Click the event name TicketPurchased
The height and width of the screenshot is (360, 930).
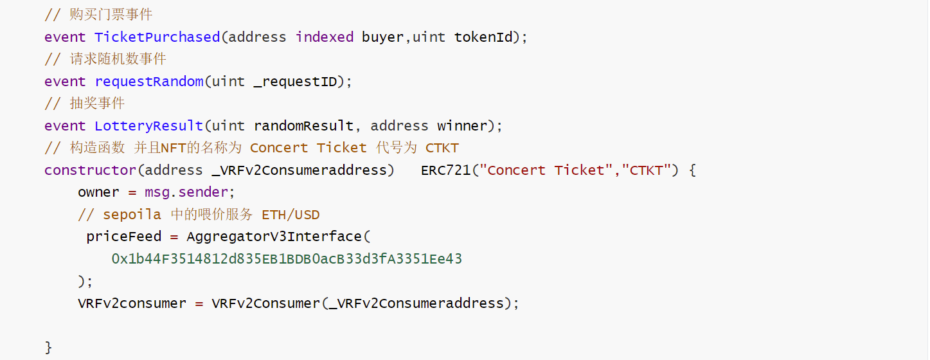[157, 37]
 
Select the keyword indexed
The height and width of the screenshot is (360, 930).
[324, 37]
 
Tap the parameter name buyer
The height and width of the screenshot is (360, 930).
[382, 37]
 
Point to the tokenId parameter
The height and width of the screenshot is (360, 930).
[483, 37]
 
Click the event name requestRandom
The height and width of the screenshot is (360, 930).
[148, 82]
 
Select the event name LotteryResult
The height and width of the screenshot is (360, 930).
[148, 126]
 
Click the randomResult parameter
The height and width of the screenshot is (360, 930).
[303, 126]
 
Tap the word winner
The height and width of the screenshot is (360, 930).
[462, 126]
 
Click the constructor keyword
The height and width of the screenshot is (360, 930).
[90, 170]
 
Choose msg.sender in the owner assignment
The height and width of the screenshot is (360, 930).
[186, 192]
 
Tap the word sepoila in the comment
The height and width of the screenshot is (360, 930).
[132, 215]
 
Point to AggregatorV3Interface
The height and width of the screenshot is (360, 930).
[274, 237]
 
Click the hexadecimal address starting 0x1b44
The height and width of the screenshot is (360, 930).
[287, 259]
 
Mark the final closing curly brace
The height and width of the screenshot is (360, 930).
[48, 348]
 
